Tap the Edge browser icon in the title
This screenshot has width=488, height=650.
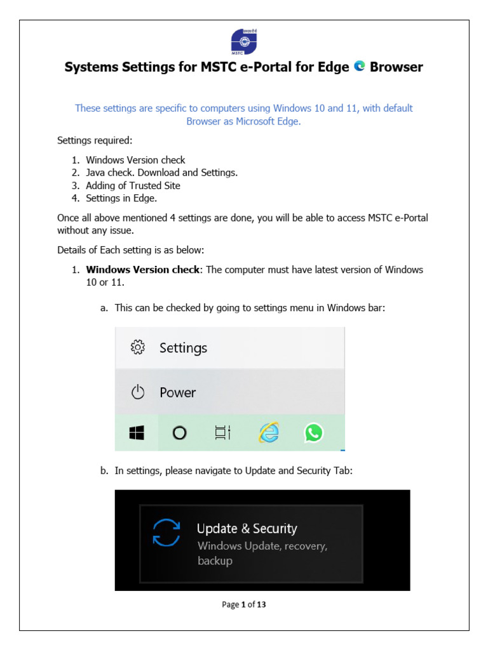point(360,67)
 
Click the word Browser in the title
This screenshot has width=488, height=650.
point(396,67)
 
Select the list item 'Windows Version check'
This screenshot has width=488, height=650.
point(135,160)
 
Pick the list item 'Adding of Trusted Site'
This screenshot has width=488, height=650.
point(133,186)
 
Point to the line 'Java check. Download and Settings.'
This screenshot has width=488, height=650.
point(161,173)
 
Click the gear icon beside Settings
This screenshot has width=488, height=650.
point(138,347)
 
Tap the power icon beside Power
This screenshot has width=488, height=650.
point(138,392)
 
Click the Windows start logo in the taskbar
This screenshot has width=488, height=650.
point(136,433)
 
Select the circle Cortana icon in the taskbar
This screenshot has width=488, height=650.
point(179,433)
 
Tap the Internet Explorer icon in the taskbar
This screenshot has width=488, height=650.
point(268,433)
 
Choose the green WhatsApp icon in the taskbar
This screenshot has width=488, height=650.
point(313,433)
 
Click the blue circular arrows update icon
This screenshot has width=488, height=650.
point(167,533)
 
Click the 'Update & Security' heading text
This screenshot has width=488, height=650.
point(247,529)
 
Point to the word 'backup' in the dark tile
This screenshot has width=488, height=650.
point(215,561)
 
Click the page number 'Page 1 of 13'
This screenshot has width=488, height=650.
point(244,604)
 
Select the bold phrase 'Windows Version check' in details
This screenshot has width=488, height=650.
point(142,270)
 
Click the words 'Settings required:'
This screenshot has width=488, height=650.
point(95,140)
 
